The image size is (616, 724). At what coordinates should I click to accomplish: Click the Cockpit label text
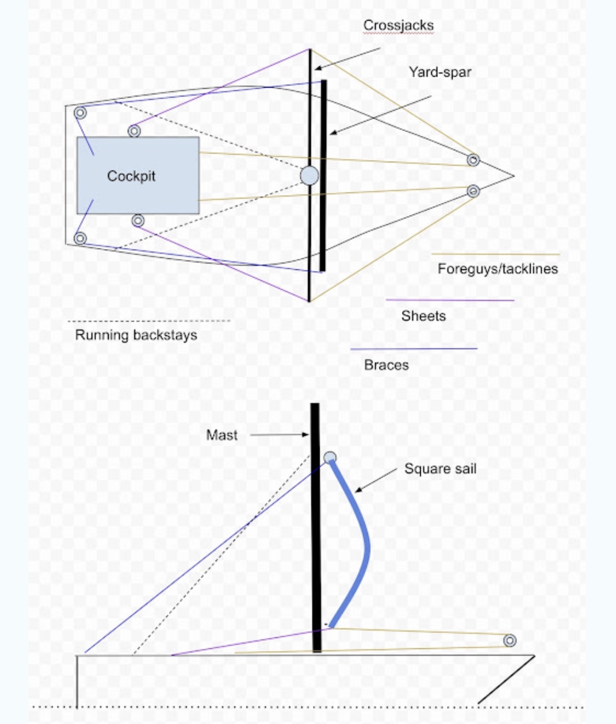point(131,176)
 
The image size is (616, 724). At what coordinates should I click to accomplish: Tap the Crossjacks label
point(398,25)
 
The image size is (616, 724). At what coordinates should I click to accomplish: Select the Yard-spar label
point(440,72)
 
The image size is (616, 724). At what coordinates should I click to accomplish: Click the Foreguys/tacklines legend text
point(497,269)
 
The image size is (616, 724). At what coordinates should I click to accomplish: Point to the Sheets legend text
point(423,316)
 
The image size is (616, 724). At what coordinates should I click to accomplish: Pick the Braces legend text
point(386,365)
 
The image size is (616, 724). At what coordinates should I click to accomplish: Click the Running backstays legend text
point(136,335)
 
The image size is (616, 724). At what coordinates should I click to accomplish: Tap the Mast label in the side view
point(222,435)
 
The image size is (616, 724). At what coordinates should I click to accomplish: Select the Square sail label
point(440,468)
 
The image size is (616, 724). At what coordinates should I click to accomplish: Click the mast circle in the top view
point(309,176)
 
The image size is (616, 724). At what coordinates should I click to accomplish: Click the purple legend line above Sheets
point(450,300)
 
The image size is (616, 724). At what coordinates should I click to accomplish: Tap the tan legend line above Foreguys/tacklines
point(495,254)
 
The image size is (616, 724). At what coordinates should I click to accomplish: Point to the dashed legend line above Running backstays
point(148,321)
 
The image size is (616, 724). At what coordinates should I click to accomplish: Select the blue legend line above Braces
point(414,349)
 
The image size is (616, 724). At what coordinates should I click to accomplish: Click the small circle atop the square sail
point(330,457)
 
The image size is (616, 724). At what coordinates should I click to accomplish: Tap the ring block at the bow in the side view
point(510,640)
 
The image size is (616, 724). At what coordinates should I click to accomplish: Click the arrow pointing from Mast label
point(280,435)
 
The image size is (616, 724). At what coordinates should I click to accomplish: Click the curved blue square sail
point(366,546)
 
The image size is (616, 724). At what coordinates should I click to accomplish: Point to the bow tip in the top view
point(514,176)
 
